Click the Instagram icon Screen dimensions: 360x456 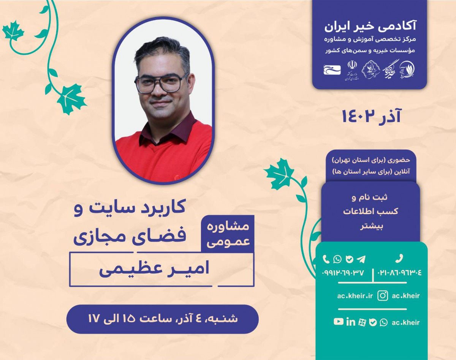[x=383, y=295]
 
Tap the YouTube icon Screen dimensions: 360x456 [x=338, y=322]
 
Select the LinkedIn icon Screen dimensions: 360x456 [x=351, y=322]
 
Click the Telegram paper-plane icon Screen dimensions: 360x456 [x=361, y=259]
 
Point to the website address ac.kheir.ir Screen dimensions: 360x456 [x=355, y=296]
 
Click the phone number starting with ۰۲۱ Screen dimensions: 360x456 [x=399, y=272]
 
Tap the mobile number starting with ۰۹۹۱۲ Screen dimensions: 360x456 [x=343, y=272]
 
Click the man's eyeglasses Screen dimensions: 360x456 [x=161, y=83]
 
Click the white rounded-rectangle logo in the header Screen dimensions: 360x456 [x=332, y=69]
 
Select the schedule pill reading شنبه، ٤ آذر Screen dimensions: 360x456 [x=162, y=319]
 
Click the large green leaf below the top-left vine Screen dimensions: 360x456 [x=71, y=99]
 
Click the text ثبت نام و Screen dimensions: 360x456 [x=370, y=198]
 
